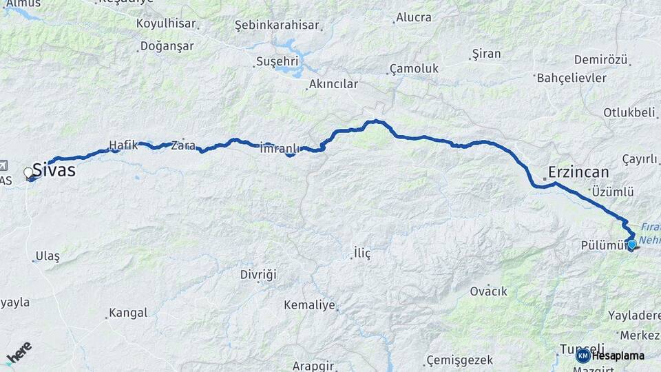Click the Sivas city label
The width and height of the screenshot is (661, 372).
(54, 170)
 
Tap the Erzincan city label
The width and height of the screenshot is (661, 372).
(579, 172)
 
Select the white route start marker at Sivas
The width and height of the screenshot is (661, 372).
(28, 172)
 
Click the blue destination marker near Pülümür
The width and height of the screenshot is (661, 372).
(631, 243)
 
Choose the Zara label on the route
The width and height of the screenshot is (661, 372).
(183, 145)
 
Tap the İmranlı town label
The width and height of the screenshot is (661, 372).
(280, 148)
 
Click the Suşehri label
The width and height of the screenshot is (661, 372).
(277, 61)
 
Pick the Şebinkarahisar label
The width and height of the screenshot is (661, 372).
(277, 25)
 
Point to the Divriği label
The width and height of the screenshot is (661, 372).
(258, 275)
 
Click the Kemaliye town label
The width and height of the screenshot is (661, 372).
(309, 304)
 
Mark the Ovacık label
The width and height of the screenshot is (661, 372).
(487, 291)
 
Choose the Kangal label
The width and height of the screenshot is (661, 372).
(128, 313)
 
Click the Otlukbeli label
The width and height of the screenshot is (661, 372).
(629, 112)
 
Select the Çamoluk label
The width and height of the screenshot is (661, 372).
(414, 69)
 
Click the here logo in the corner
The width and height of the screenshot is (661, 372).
(19, 353)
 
